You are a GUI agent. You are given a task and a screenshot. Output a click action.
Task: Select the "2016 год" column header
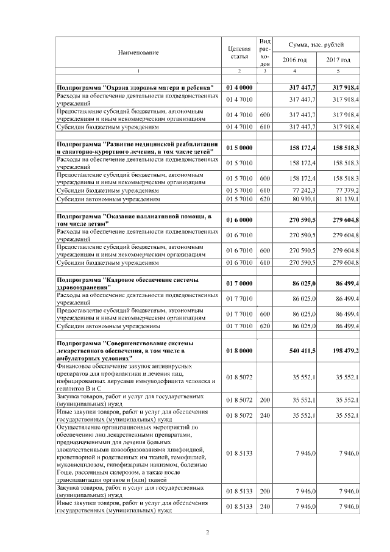click(295, 60)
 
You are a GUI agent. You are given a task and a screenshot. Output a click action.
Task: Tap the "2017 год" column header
click(338, 60)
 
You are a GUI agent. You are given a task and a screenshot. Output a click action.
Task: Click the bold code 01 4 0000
click(239, 88)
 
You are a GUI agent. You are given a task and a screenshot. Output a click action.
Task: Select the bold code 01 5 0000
click(239, 148)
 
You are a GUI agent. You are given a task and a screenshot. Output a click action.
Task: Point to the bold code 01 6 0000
click(239, 220)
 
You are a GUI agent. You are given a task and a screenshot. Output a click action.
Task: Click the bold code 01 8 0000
click(239, 351)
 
